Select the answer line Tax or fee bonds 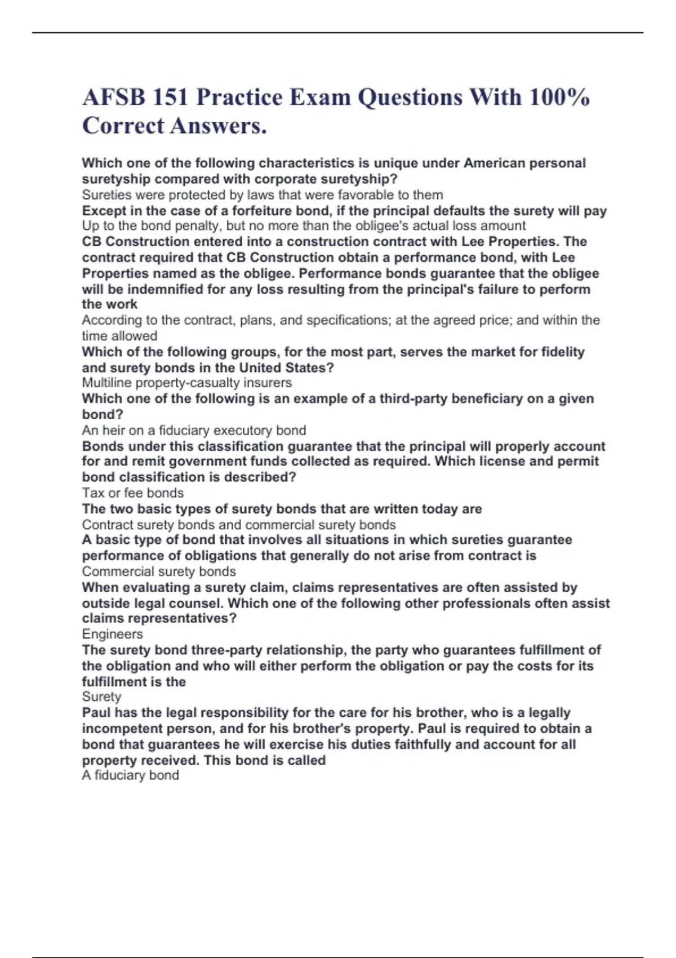[133, 493]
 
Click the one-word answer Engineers [112, 634]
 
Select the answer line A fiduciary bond [131, 775]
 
